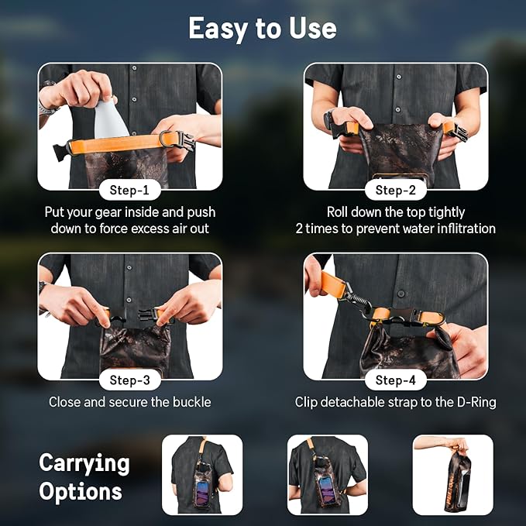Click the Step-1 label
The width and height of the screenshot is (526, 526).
click(x=130, y=190)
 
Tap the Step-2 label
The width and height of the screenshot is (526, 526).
click(x=395, y=190)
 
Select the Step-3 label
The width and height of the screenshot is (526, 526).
click(x=130, y=380)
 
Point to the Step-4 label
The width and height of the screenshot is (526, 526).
click(x=395, y=380)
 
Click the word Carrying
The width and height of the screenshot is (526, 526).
click(x=84, y=463)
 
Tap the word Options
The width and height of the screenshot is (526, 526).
click(x=81, y=492)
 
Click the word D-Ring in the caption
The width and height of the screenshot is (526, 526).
click(x=474, y=402)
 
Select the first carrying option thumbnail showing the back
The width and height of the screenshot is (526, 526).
click(x=201, y=474)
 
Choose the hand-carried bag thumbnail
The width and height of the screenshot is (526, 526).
click(x=453, y=474)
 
